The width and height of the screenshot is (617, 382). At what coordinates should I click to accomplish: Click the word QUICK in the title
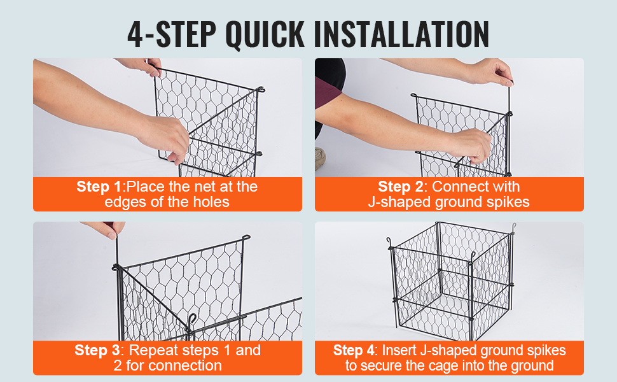(x=265, y=34)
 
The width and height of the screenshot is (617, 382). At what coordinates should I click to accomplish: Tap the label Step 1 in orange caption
(x=99, y=187)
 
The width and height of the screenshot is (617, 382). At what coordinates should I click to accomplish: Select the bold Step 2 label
(x=401, y=187)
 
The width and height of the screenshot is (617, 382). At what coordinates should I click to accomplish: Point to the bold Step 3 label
(x=97, y=350)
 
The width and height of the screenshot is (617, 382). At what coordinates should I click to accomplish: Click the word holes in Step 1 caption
(x=211, y=202)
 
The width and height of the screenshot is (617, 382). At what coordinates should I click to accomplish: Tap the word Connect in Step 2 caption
(x=459, y=187)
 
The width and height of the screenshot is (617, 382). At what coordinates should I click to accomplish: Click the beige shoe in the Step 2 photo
(x=319, y=159)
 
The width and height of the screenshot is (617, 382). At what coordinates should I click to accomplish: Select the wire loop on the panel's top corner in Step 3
(x=246, y=238)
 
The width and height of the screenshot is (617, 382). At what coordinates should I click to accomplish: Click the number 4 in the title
(x=135, y=34)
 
